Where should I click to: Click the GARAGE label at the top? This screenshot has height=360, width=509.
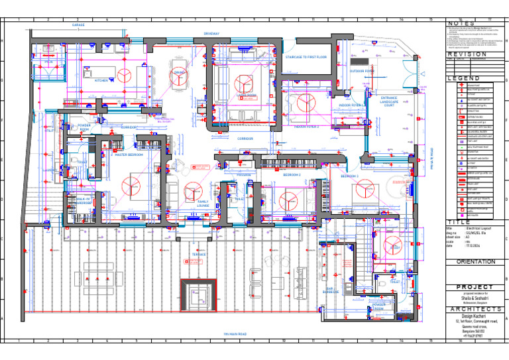(78, 25)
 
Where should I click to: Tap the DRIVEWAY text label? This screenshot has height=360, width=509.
(212, 32)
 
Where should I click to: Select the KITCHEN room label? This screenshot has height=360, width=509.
(101, 80)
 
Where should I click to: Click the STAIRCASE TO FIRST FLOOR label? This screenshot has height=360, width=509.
(306, 58)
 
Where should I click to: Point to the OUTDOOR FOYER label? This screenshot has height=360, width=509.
(362, 70)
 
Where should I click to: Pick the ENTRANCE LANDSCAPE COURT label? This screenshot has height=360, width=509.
(389, 101)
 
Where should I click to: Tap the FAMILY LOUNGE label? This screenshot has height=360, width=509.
(203, 204)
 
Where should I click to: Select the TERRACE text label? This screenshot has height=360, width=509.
(199, 254)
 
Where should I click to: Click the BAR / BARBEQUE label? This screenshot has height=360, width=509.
(331, 290)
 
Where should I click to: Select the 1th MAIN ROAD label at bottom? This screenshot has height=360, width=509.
(235, 333)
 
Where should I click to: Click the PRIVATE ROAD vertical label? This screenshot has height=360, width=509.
(431, 158)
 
